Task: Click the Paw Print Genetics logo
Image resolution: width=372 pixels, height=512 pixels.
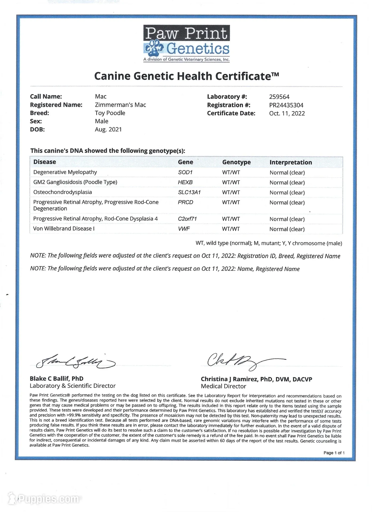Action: tap(186, 43)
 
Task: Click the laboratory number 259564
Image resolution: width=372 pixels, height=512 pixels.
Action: tap(279, 97)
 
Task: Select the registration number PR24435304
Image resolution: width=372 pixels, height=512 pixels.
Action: tap(286, 105)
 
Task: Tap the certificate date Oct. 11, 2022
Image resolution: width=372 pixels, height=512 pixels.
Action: tap(287, 114)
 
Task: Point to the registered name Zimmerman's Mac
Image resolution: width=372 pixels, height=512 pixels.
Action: tap(120, 105)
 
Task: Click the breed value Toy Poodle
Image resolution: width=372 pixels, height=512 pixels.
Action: tap(110, 113)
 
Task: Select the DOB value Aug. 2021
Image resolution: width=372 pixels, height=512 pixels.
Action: tap(108, 130)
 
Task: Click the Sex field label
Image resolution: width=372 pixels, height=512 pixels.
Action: tap(36, 121)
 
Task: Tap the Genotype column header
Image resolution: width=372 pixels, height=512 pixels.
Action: tap(236, 162)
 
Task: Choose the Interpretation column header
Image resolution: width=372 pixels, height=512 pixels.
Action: tap(291, 162)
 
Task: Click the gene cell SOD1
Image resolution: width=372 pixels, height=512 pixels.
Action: tap(185, 173)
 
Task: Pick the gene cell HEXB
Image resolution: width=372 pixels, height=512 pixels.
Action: tap(185, 182)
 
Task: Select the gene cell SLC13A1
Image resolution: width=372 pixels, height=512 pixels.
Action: tap(189, 193)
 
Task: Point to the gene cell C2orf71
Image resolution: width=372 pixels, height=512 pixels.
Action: tap(187, 219)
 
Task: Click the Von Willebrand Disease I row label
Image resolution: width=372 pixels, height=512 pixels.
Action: tap(64, 229)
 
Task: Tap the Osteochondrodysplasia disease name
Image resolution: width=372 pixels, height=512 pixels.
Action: tap(62, 192)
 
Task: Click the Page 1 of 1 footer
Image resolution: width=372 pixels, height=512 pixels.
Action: tap(334, 453)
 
